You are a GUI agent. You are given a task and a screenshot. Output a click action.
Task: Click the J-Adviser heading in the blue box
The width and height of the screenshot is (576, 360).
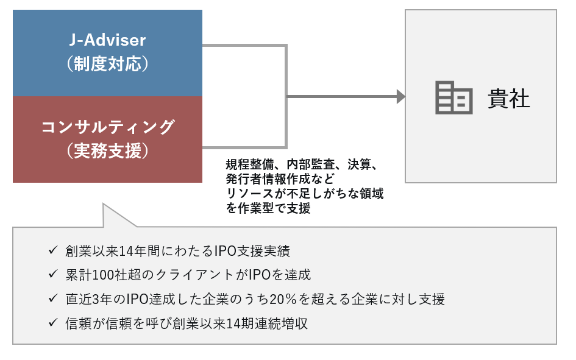[x=107, y=40]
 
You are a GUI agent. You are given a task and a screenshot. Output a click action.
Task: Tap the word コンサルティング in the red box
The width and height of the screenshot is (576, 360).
[x=107, y=127]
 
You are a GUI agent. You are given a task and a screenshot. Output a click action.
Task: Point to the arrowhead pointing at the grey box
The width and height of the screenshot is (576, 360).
[x=400, y=96]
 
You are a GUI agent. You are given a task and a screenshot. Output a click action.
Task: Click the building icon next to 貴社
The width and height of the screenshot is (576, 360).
[x=453, y=97]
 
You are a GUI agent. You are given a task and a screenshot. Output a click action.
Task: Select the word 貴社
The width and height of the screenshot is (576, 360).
[x=509, y=98]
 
